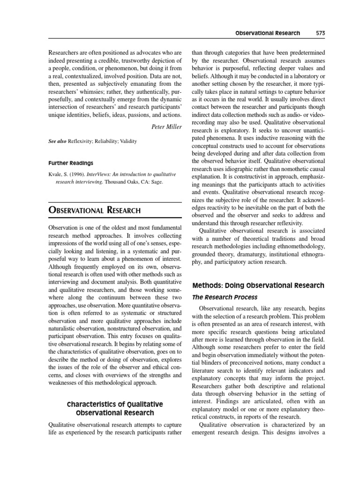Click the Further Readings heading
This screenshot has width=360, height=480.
71,163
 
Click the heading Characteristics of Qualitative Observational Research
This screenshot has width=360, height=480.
115,408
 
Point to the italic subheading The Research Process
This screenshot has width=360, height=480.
225,297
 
